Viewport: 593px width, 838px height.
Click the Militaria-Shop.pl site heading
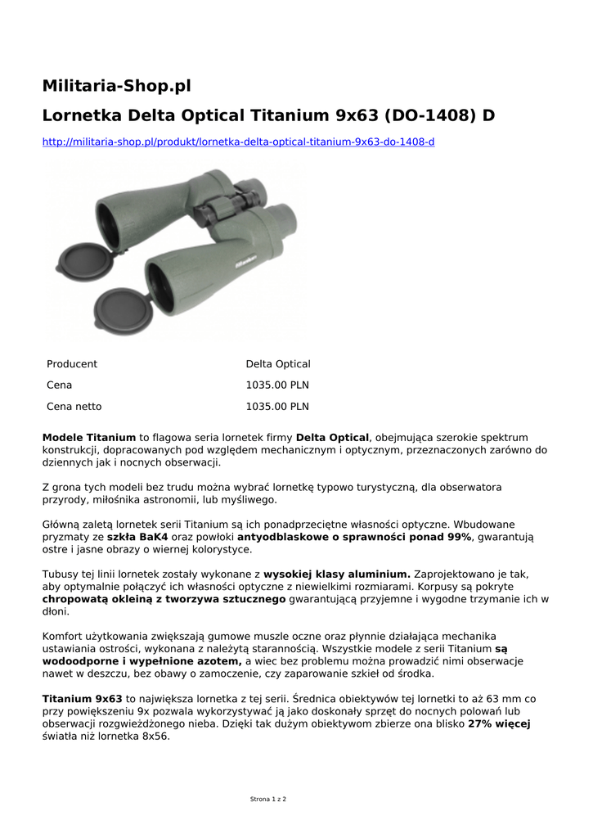click(x=116, y=86)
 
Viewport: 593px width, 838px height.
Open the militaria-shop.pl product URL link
click(x=238, y=142)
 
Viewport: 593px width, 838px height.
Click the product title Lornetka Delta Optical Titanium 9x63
click(x=268, y=115)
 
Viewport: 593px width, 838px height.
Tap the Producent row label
click(x=72, y=364)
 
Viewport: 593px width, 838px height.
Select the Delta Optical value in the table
click(x=278, y=364)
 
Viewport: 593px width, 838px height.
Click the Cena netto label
click(x=74, y=407)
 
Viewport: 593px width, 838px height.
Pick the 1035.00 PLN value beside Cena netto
click(x=277, y=407)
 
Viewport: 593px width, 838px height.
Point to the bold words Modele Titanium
click(x=88, y=438)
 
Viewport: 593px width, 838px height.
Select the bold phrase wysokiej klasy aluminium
click(x=337, y=574)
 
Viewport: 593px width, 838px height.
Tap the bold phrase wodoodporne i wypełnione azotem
click(x=142, y=661)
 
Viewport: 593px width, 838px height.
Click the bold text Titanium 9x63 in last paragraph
click(x=82, y=699)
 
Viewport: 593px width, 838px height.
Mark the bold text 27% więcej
click(x=499, y=724)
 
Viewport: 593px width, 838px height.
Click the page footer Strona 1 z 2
click(x=268, y=799)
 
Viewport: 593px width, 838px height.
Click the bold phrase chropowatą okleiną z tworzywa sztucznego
click(x=164, y=599)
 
